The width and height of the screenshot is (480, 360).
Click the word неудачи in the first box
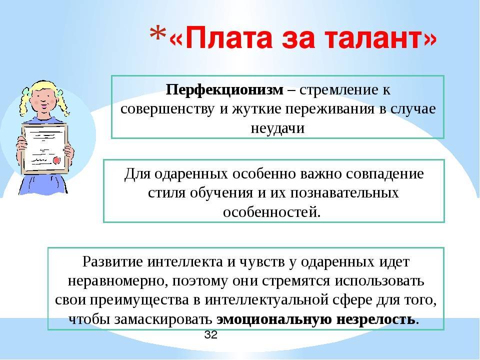[277, 127]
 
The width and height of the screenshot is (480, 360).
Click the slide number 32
[210, 334]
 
